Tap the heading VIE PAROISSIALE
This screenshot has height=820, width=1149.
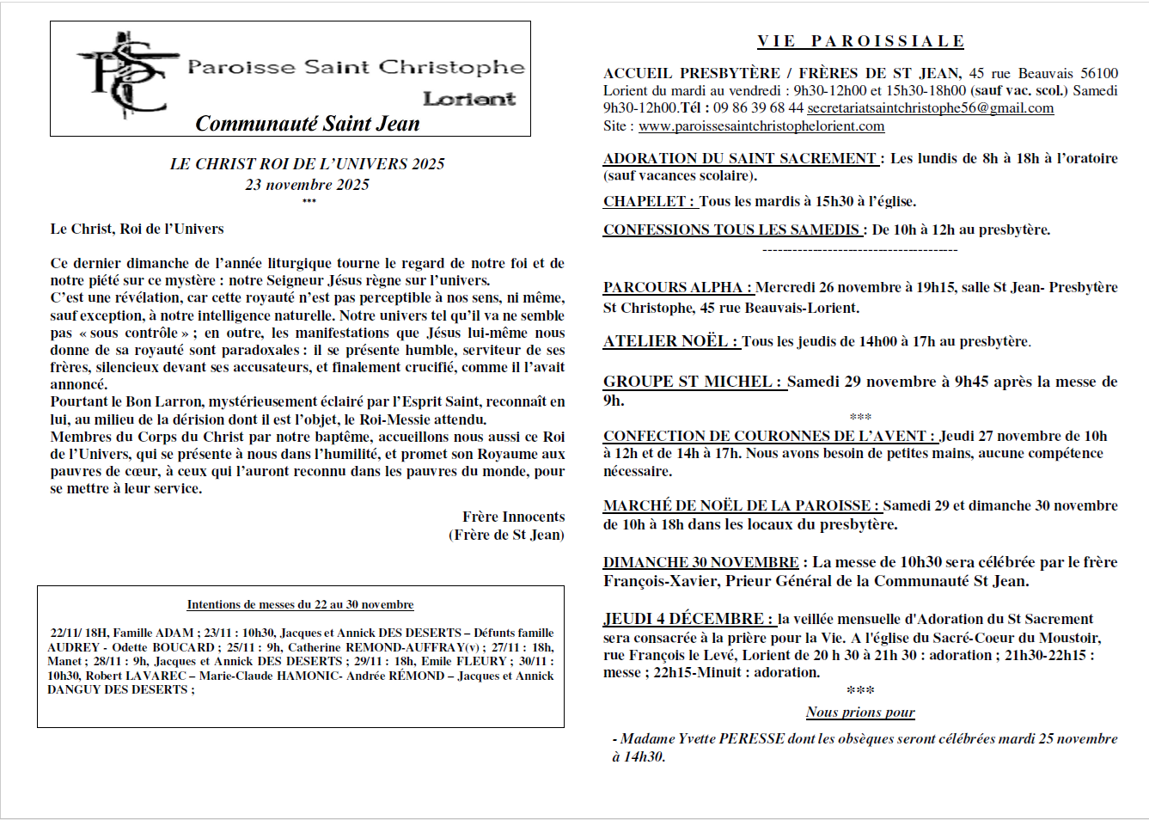pos(860,41)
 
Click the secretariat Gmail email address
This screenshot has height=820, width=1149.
pos(930,108)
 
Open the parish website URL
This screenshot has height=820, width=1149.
pos(761,126)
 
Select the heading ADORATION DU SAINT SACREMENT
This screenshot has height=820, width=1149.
pos(740,158)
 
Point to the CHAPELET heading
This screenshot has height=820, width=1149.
pos(649,201)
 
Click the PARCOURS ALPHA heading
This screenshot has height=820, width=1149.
pos(677,287)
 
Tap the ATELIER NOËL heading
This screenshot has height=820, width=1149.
pos(670,341)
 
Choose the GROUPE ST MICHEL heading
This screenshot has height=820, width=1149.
pos(694,382)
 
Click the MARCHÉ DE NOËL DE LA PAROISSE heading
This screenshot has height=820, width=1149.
pos(741,505)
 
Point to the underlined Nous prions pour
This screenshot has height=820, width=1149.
pos(860,712)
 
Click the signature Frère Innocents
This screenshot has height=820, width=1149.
pos(513,517)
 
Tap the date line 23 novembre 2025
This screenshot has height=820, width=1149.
pos(307,184)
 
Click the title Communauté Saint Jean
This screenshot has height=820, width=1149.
pos(308,124)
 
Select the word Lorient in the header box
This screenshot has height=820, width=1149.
pos(469,99)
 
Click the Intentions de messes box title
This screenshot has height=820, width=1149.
pos(300,604)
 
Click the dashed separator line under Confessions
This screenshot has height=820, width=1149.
pos(859,250)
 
